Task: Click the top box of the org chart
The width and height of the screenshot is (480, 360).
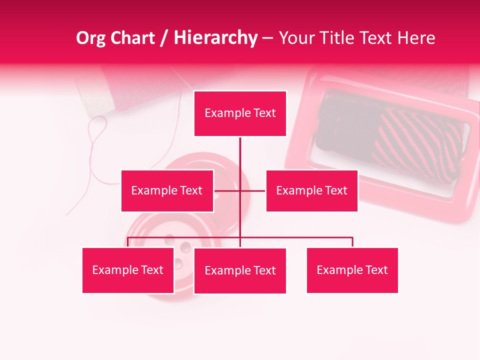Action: [x=240, y=113]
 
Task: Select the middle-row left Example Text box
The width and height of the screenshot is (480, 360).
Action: [x=167, y=190]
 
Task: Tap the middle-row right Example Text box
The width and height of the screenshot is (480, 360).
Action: [x=311, y=190]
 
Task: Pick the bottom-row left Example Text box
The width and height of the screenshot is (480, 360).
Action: [x=128, y=270]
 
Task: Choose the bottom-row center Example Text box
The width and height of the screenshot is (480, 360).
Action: [x=240, y=270]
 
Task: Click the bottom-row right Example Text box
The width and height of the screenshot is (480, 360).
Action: [x=352, y=270]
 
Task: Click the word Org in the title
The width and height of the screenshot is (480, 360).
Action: [x=90, y=38]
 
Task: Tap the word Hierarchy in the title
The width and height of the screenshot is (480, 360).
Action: [x=215, y=38]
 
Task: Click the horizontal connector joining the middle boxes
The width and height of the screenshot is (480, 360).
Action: [x=252, y=190]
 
